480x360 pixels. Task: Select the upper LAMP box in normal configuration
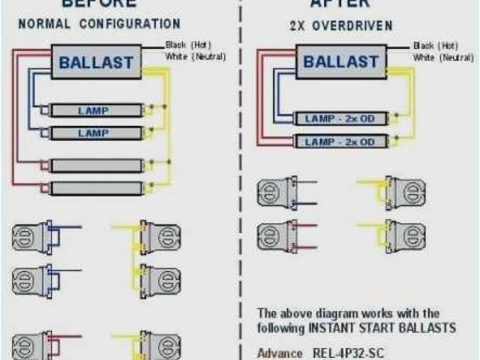pos(93,111)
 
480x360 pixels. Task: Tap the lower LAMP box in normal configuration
pos(93,132)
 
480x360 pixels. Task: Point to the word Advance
pos(276,352)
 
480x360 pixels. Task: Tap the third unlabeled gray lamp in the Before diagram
pos(93,165)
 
